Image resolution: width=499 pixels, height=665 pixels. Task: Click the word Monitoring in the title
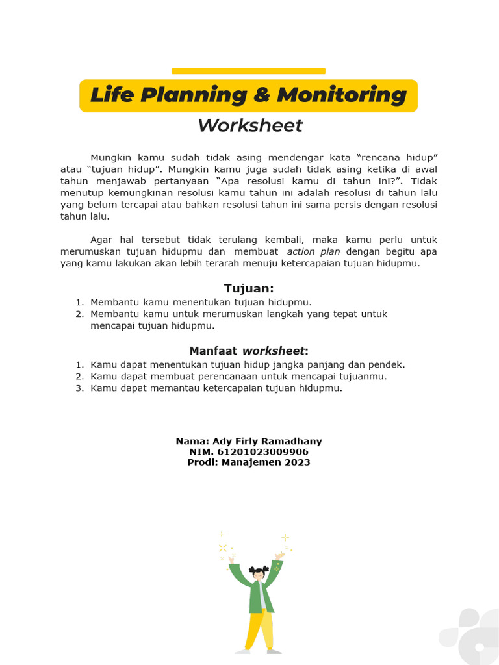pos(342,95)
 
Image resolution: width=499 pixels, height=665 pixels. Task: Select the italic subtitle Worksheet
pos(250,125)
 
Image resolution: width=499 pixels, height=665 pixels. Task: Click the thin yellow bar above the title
pos(248,71)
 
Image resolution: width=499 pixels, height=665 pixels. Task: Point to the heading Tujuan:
pos(249,288)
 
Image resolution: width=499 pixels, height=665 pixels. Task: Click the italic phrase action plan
pos(314,251)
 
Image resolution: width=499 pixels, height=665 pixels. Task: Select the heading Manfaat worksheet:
pos(249,351)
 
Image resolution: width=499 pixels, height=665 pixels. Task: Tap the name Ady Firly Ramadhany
pos(267,442)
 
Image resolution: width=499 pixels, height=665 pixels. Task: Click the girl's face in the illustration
pos(259,575)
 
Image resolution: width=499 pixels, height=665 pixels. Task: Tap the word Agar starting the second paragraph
pos(101,240)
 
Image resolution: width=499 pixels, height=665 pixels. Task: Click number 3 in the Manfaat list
pos(79,388)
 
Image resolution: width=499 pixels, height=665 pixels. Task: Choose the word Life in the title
pos(112,95)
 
